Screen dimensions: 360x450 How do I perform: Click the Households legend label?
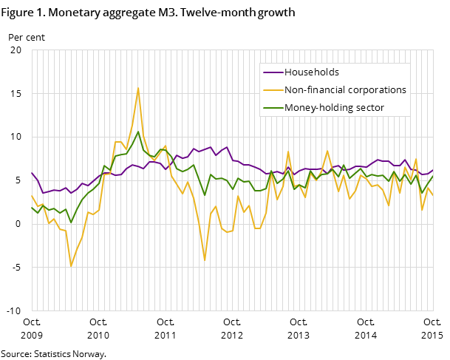[312, 72]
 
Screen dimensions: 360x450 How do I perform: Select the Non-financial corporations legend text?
[345, 90]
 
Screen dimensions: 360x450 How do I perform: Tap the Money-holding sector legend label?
[334, 108]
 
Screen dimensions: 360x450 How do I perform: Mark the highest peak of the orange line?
[138, 88]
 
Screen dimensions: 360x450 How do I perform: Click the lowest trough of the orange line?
[71, 266]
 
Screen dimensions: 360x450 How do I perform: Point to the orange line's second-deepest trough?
[205, 260]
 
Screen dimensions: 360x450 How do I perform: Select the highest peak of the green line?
[138, 132]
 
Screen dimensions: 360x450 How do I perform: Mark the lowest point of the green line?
[71, 223]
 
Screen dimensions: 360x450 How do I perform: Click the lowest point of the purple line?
[43, 193]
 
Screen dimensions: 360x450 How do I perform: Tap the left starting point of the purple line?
[32, 173]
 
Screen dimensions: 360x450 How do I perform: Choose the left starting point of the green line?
[32, 208]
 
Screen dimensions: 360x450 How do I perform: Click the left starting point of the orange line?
[32, 196]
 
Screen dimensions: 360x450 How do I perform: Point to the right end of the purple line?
[433, 170]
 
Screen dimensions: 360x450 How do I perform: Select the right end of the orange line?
[433, 195]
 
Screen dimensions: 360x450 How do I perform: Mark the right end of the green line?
[433, 176]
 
